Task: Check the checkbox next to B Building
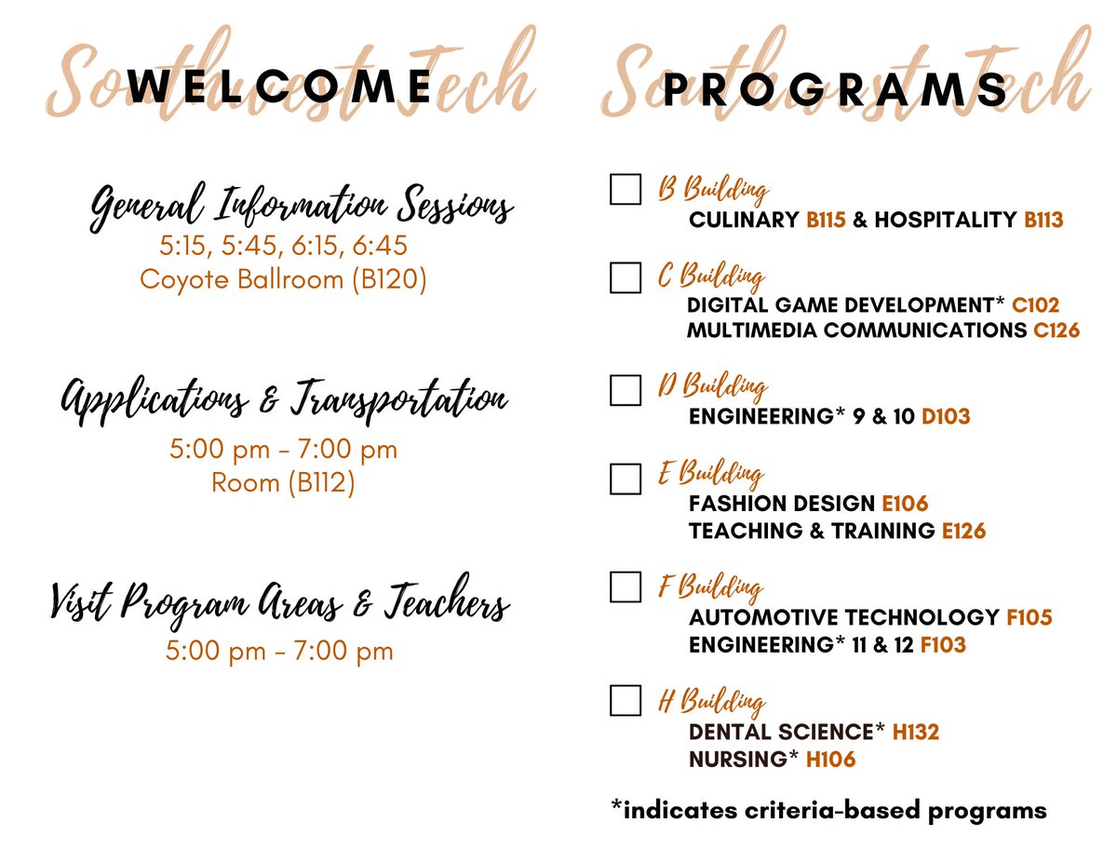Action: tap(626, 189)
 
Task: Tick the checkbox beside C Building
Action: tap(626, 277)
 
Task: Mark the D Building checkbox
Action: tap(626, 389)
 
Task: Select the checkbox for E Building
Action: tap(626, 478)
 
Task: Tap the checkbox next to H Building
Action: tap(626, 700)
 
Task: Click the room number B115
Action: tap(826, 221)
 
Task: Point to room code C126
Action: tap(1056, 330)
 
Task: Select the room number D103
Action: tap(946, 417)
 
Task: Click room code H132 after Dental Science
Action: tap(916, 733)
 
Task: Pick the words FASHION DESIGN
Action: tap(782, 504)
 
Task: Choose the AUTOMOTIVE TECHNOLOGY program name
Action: tap(843, 617)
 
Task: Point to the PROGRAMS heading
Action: tap(835, 90)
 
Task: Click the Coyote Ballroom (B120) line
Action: tap(283, 279)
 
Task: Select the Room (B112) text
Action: tap(283, 483)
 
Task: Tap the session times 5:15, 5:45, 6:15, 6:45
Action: tap(283, 247)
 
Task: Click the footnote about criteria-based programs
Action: tap(828, 810)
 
